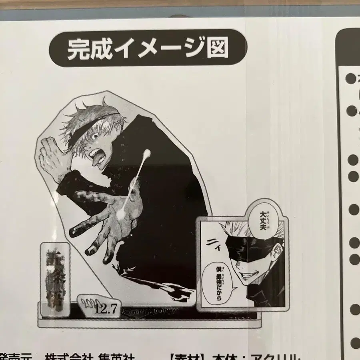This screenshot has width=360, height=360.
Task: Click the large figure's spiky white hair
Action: tap(96, 114)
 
